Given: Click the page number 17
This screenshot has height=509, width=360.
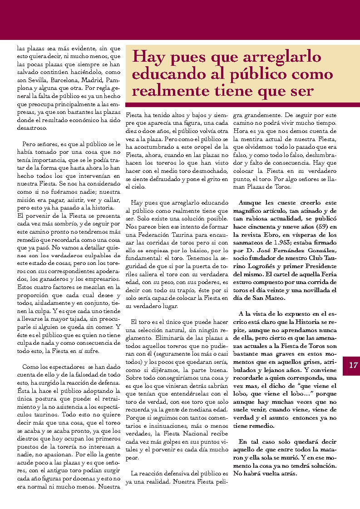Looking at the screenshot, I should pos(352,365).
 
